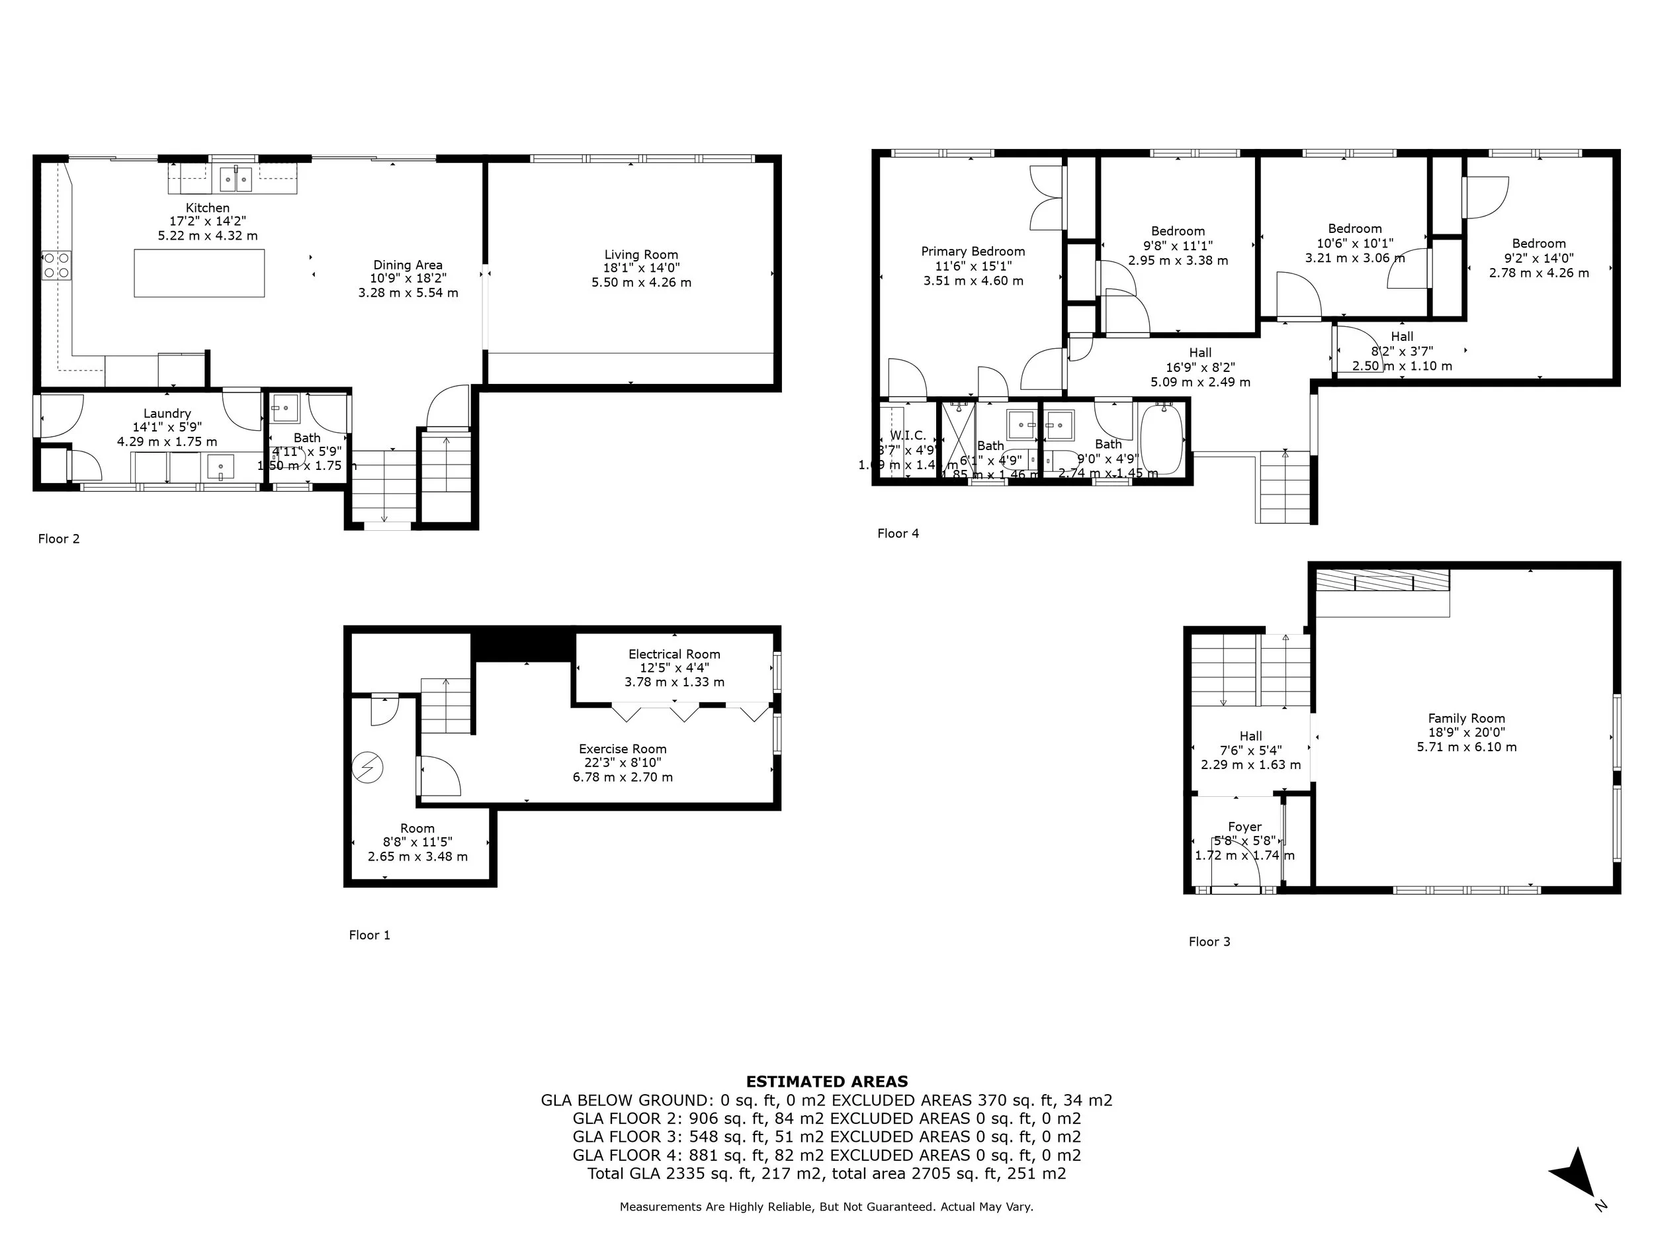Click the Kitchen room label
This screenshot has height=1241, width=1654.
coord(207,208)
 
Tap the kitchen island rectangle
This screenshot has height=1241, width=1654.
coord(199,273)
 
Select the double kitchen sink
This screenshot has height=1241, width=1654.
coord(236,179)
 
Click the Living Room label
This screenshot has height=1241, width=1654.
coord(641,254)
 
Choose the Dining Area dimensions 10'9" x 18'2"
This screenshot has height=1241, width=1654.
coord(408,278)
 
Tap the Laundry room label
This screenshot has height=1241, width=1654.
coord(167,413)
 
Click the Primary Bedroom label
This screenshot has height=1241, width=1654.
coord(972,252)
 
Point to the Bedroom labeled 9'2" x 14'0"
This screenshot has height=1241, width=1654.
coord(1538,243)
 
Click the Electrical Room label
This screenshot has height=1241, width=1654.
coord(674,654)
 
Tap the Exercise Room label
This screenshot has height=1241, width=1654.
coord(622,749)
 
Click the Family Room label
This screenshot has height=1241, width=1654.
coord(1465,718)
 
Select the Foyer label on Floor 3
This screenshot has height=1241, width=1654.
coord(1244,827)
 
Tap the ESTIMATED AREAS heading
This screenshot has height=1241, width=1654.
coord(826,1081)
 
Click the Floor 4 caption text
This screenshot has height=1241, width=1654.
coord(897,533)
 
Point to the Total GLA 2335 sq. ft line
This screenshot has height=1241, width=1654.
coord(826,1173)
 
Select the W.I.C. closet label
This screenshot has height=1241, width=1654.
coord(908,436)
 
